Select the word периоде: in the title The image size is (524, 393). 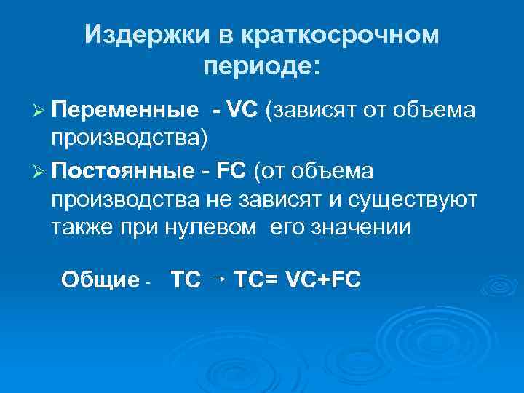click(x=262, y=67)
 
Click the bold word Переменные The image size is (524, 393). click(x=125, y=111)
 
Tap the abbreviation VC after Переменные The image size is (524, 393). click(x=244, y=111)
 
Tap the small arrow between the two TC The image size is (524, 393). click(x=218, y=277)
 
